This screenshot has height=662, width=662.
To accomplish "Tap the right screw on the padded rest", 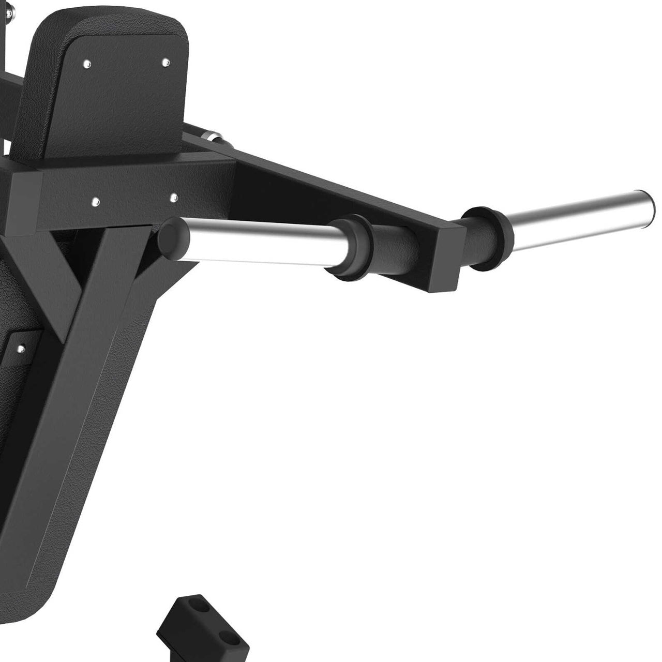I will coord(165,63).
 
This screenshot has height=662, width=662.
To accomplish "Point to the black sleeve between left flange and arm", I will coord(393,253).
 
